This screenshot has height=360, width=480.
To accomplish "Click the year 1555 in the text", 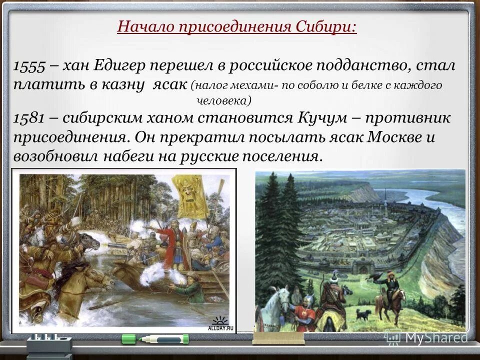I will pos(30,66).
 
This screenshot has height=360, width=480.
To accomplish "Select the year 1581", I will pos(29,118).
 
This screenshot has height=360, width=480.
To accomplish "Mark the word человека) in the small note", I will pos(222,100).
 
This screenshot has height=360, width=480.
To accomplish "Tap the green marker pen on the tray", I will pos(155,339).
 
